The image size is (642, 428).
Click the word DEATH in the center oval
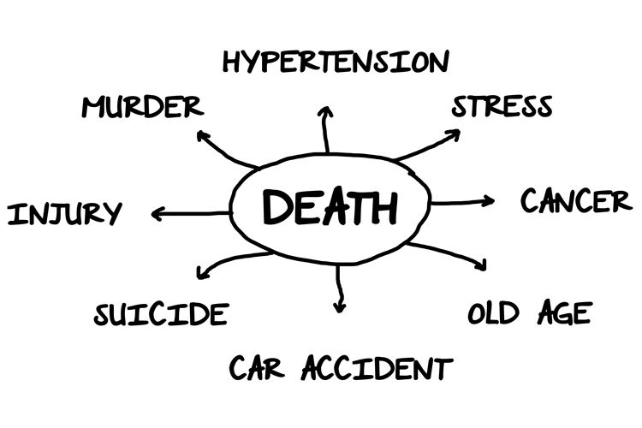tap(330, 207)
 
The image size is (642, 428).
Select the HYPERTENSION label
tap(335, 62)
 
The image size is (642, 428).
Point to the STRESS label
tap(502, 107)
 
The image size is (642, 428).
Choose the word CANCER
tap(576, 202)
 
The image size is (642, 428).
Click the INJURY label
tap(64, 213)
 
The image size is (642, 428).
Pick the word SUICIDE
tap(161, 314)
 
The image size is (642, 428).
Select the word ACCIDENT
tap(376, 369)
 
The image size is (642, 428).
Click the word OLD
tap(496, 313)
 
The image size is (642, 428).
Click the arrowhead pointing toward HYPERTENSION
tap(324, 112)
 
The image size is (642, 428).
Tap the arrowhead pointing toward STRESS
tap(453, 134)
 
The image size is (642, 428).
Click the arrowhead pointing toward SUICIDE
tap(202, 274)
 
